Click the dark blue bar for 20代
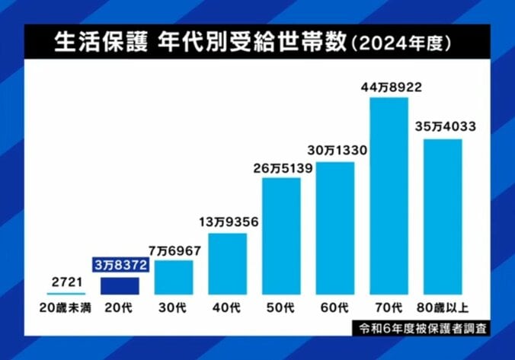pos(120,285)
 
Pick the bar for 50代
pos(281,236)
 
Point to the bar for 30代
pos(174,277)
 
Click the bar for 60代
pos(335,228)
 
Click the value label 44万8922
pos(391,88)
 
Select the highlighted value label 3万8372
pos(120,264)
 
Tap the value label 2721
pos(66,282)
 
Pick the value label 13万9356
pos(228,221)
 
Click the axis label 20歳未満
pos(66,308)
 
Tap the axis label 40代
pos(228,308)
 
